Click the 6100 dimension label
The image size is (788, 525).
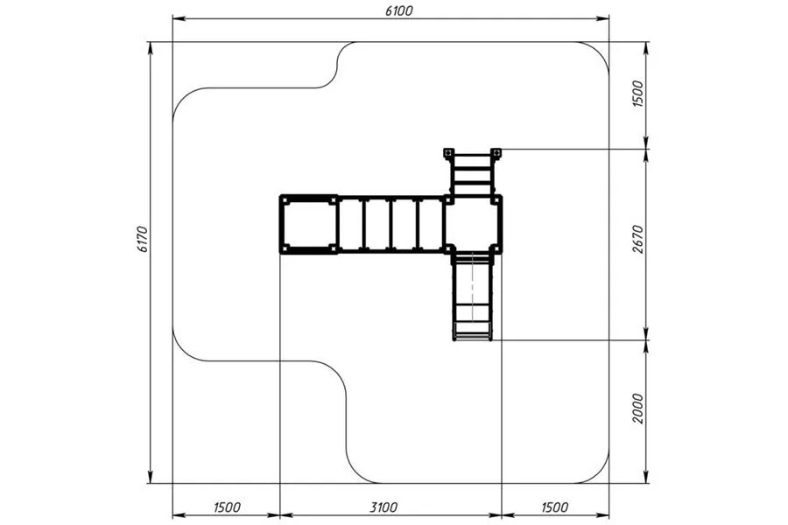[399, 10]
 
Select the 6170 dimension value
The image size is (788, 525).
[142, 239]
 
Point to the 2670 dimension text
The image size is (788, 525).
[637, 239]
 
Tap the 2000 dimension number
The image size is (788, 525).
[637, 409]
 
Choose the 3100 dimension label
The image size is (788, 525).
[383, 507]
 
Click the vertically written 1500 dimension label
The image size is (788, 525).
[637, 94]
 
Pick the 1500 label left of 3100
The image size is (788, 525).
[227, 507]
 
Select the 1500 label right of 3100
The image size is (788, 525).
[555, 507]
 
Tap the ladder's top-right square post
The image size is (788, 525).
[496, 152]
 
